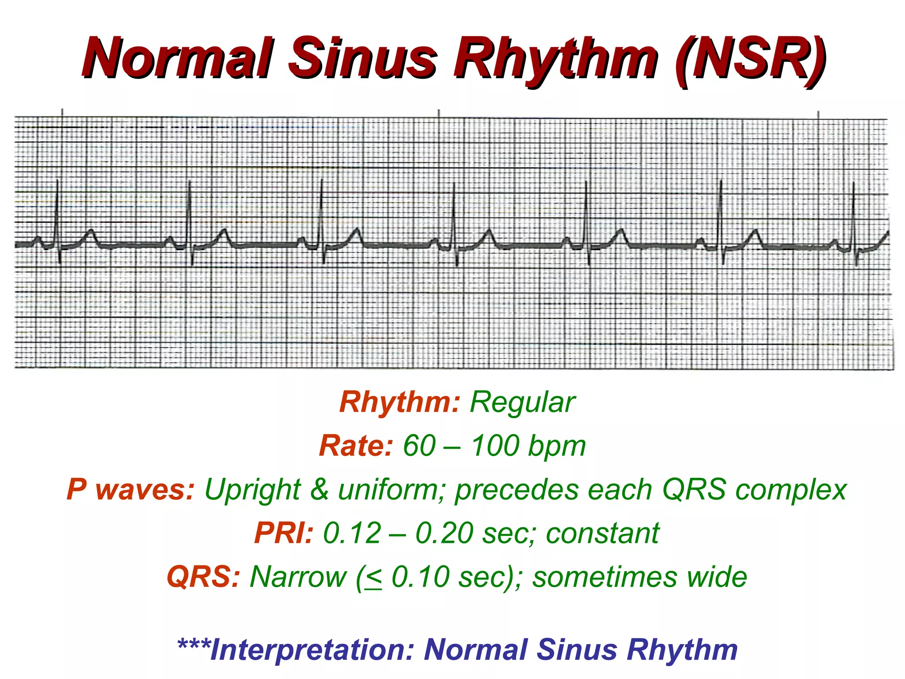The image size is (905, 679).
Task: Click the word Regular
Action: click(522, 402)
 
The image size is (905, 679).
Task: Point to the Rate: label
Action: click(356, 446)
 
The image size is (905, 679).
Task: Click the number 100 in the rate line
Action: click(495, 446)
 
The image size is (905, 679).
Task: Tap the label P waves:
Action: click(130, 490)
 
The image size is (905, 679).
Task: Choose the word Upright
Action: click(253, 490)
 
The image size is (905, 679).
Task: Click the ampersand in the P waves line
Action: click(319, 490)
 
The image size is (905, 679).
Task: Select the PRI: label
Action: click(284, 533)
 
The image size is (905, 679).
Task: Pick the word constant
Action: click(603, 533)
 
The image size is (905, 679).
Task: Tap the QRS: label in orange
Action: click(203, 577)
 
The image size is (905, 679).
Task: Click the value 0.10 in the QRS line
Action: click(421, 577)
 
